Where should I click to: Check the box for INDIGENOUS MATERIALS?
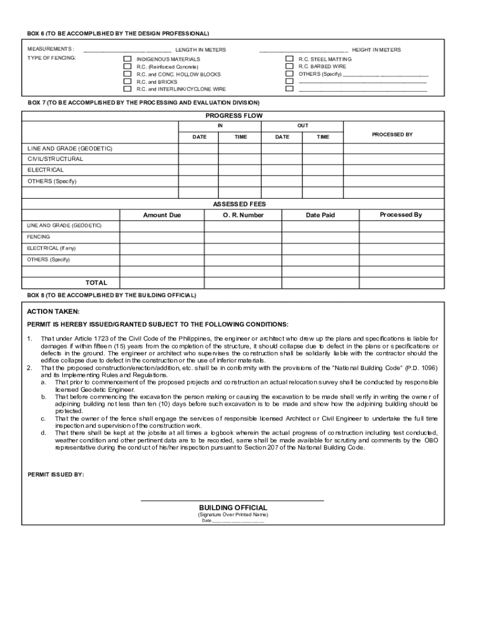point(128,59)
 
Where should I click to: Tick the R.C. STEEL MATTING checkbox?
point(289,59)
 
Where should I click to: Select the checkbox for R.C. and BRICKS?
point(128,81)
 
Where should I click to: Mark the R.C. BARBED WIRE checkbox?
point(289,66)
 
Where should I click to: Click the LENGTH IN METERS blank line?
point(127,50)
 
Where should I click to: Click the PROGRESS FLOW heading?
point(234,116)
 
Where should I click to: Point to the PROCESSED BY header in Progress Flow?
point(392,135)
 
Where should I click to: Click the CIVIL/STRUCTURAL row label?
point(55,159)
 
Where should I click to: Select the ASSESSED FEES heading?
point(234,204)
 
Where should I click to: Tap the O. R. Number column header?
point(243,215)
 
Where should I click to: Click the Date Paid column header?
point(320,215)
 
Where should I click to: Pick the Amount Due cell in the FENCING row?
point(162,237)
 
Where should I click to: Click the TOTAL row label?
point(96,283)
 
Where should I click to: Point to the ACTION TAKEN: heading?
point(53,312)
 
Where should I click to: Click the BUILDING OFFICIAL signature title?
point(233,507)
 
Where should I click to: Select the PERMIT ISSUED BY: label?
point(56,475)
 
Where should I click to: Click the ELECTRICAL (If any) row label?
point(52,248)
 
